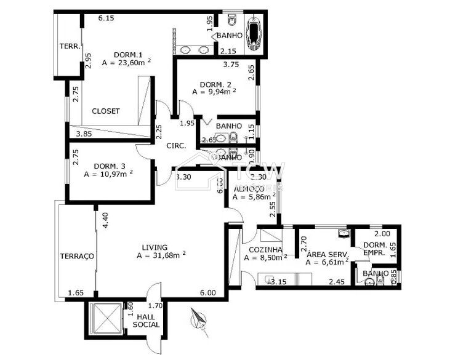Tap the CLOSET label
click(106, 111)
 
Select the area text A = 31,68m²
click(161, 255)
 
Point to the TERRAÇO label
click(76, 256)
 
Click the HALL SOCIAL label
click(146, 320)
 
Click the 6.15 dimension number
click(106, 18)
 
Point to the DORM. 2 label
click(215, 84)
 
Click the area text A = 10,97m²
click(108, 174)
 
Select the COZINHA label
click(265, 250)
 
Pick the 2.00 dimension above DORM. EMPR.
click(365, 234)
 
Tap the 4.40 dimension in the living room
click(105, 220)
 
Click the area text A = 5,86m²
click(254, 198)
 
